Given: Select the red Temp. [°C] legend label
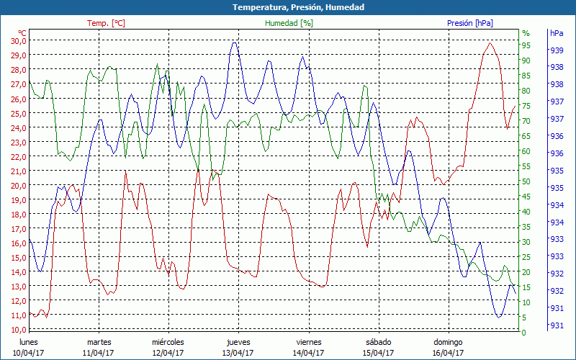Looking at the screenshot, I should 106,23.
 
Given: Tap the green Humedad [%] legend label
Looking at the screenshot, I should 289,23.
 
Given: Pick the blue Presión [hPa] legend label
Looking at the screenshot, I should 470,23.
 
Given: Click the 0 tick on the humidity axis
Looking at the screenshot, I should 524,333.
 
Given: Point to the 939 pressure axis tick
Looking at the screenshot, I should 557,50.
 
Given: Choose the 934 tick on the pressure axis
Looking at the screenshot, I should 557,205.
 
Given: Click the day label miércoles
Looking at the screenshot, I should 168,342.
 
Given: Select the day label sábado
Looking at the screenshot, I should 378,342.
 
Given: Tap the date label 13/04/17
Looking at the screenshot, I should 238,353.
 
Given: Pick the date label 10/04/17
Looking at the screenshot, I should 28,353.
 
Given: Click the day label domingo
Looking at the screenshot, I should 448,342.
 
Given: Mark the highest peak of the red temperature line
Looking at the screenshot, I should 490,43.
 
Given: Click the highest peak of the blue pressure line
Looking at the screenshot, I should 234,42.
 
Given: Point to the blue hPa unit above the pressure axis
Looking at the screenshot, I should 557,33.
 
